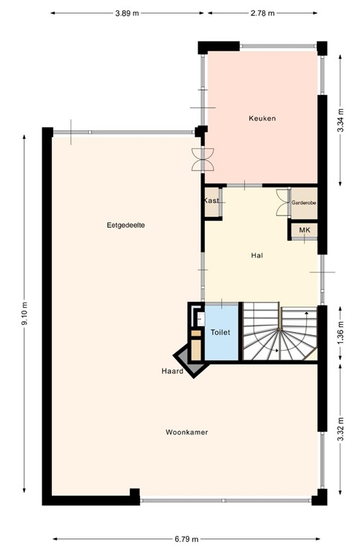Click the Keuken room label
pos(262,118)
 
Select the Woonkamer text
pos(187,432)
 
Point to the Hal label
pos(257,255)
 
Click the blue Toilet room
pos(221,333)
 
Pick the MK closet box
pos(304,230)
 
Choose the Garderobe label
pos(303,203)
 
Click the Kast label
pos(211,201)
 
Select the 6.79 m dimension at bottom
pos(185,538)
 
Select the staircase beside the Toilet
pos(279,333)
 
